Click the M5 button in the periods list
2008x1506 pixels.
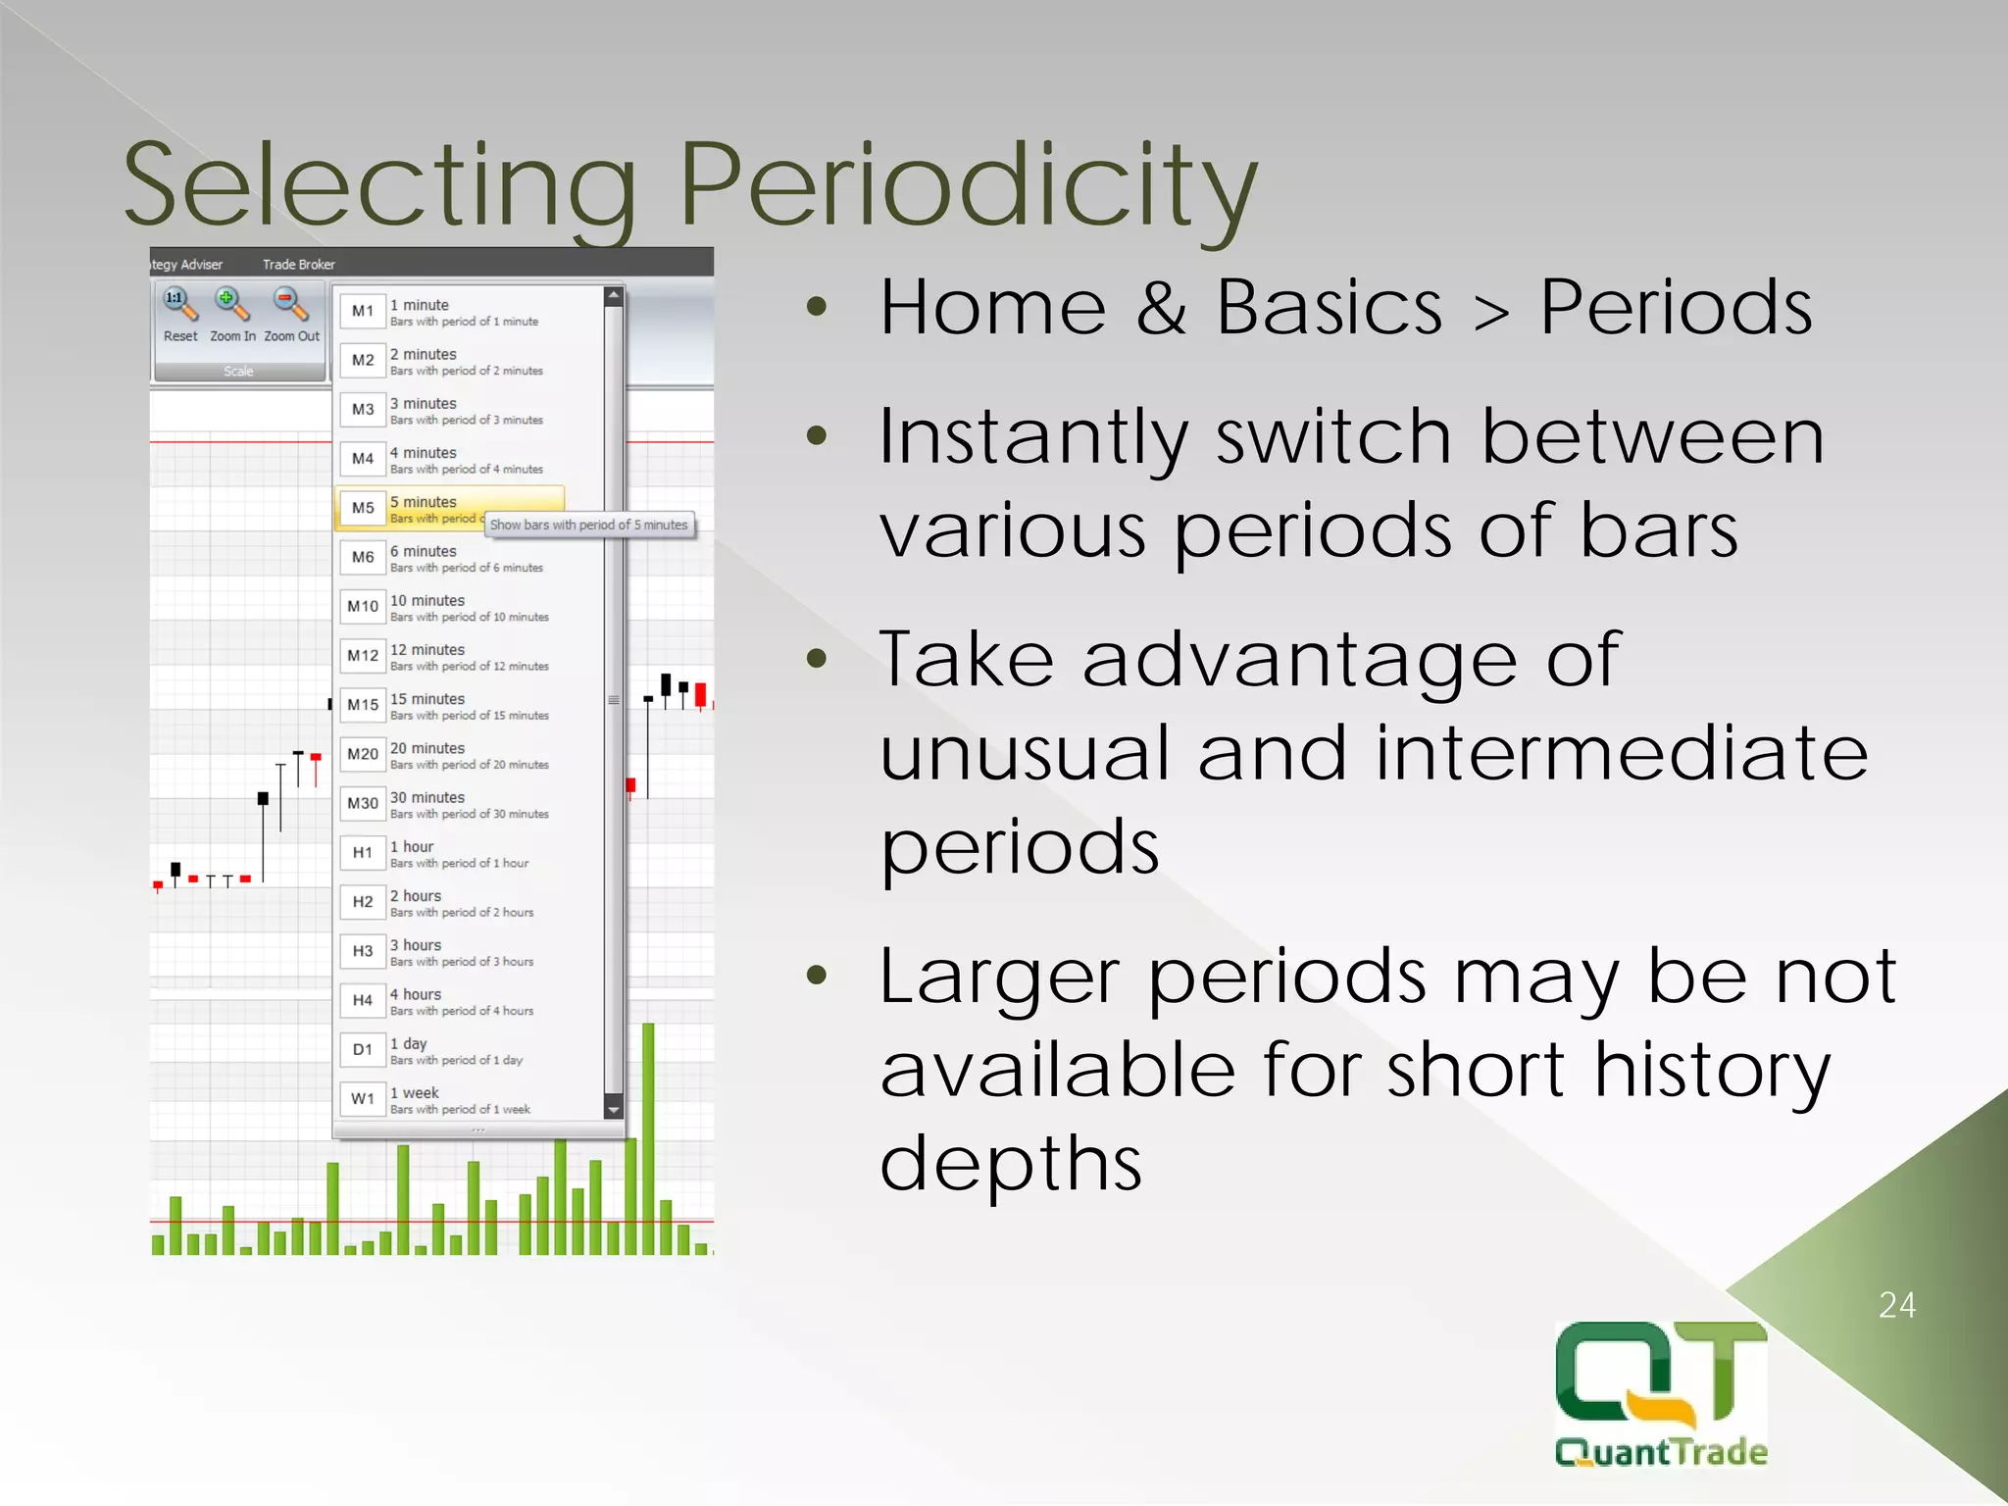(x=363, y=508)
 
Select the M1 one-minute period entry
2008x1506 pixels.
(x=363, y=311)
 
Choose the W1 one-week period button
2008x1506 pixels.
(x=363, y=1098)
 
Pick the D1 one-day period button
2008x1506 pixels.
(x=363, y=1049)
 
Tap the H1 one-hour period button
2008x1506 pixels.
(x=363, y=852)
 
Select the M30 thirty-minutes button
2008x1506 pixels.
(x=363, y=803)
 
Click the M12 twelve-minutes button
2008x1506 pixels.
(x=363, y=655)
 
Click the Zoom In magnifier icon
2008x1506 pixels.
(x=232, y=305)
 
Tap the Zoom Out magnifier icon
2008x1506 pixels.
(x=290, y=305)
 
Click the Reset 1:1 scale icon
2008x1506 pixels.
(x=179, y=305)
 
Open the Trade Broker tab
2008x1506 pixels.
(x=298, y=265)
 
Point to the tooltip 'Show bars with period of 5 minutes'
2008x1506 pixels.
(x=588, y=525)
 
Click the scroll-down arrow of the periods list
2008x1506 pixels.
(x=614, y=1110)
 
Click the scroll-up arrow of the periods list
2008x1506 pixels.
(x=614, y=294)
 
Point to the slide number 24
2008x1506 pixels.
(x=1896, y=1305)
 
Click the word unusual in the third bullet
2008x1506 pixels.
(x=1026, y=753)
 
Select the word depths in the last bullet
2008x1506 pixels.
(x=1011, y=1163)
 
